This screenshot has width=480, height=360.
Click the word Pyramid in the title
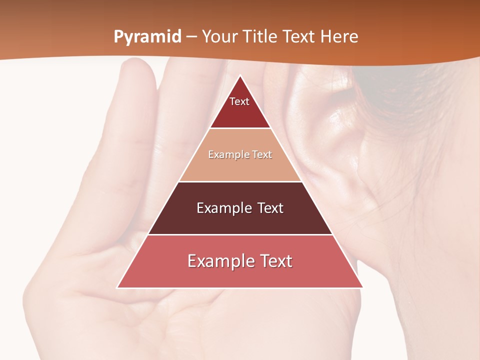pyautogui.click(x=147, y=37)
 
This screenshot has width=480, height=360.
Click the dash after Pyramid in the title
pyautogui.click(x=191, y=37)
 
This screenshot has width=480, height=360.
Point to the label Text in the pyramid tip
pyautogui.click(x=239, y=101)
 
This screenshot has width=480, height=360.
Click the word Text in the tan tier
pyautogui.click(x=262, y=154)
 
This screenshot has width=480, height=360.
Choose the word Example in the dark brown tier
pyautogui.click(x=223, y=208)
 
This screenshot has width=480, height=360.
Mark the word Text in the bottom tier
pyautogui.click(x=276, y=261)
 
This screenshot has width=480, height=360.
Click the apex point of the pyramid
pyautogui.click(x=240, y=76)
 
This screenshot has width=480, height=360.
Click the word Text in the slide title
pyautogui.click(x=299, y=36)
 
